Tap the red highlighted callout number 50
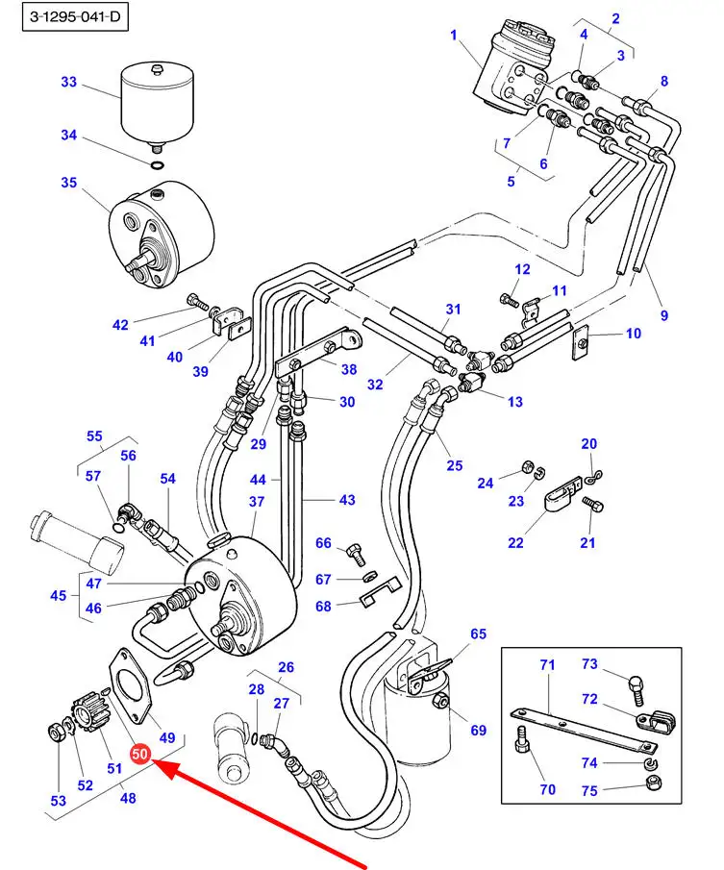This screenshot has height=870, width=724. [140, 756]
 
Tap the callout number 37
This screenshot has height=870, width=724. [257, 502]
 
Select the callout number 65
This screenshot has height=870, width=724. [478, 634]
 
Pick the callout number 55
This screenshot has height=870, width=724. [94, 435]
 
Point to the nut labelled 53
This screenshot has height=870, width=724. [57, 734]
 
